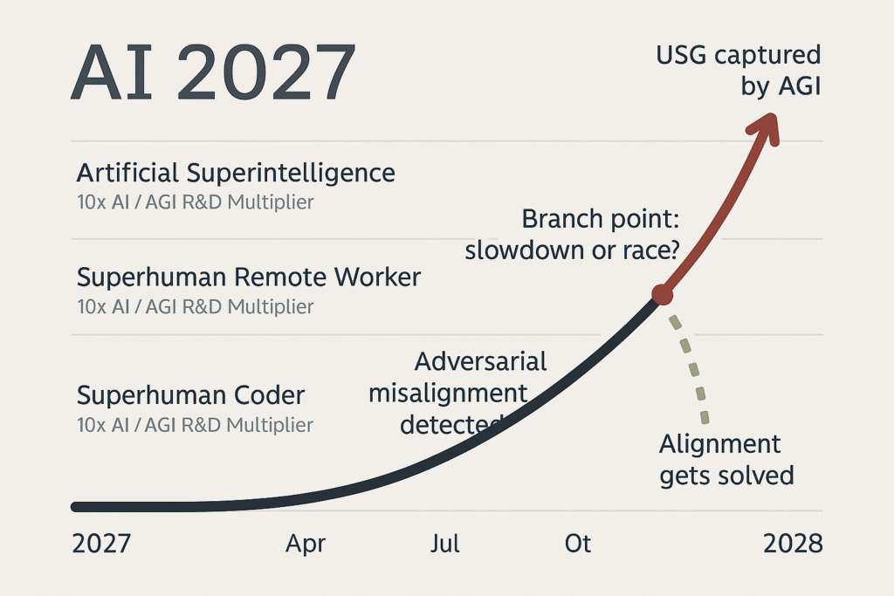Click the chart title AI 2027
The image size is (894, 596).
click(x=213, y=72)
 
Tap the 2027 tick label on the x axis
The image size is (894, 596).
click(x=101, y=544)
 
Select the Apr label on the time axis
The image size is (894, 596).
click(x=306, y=545)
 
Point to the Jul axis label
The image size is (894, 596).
click(x=444, y=544)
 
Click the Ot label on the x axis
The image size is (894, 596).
click(x=578, y=544)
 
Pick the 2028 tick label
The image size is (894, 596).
click(x=793, y=544)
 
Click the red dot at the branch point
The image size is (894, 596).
click(x=663, y=295)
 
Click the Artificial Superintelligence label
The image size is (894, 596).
click(x=236, y=174)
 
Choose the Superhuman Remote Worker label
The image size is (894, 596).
click(x=249, y=277)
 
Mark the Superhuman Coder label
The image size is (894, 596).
click(x=191, y=395)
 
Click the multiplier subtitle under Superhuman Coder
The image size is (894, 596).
click(x=196, y=425)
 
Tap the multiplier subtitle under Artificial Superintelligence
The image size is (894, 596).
click(x=196, y=202)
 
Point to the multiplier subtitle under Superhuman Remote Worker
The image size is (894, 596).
click(x=196, y=307)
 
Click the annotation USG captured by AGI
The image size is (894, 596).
click(x=739, y=72)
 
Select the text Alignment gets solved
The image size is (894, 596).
click(x=726, y=460)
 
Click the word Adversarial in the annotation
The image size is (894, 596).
click(x=481, y=362)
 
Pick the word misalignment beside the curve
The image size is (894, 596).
click(x=448, y=394)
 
